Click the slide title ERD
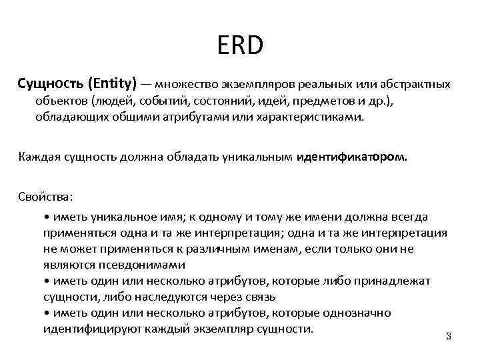(240, 46)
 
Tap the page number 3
(448, 336)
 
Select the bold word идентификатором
(354, 157)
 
